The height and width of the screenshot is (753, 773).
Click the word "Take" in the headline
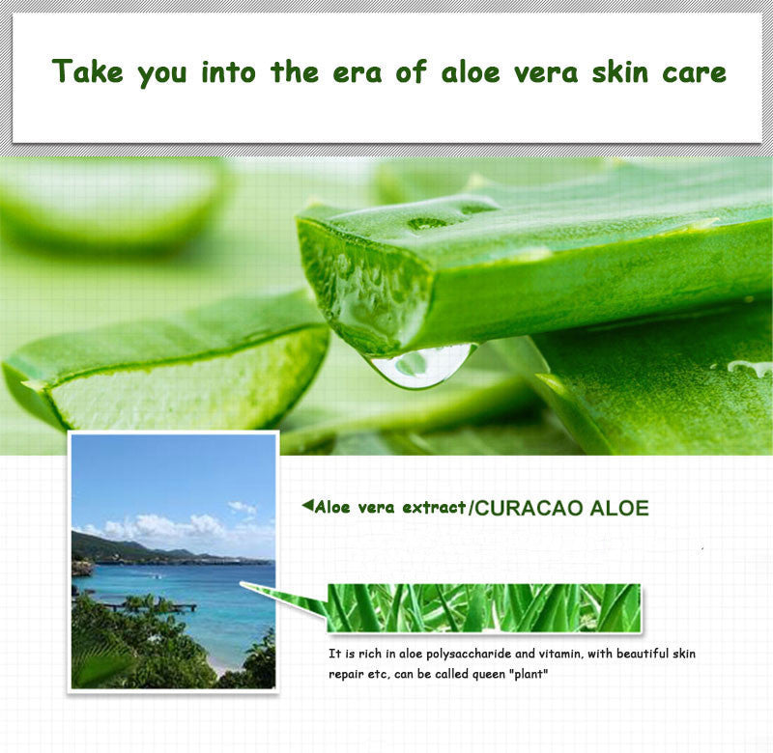[88, 71]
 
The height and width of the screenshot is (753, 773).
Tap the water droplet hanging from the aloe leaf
[421, 366]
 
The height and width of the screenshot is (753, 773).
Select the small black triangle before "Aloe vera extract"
[307, 505]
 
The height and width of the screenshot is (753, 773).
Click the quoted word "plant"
[528, 673]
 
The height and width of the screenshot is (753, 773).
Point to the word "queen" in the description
[482, 673]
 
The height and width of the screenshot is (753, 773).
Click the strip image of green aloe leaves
[483, 608]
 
